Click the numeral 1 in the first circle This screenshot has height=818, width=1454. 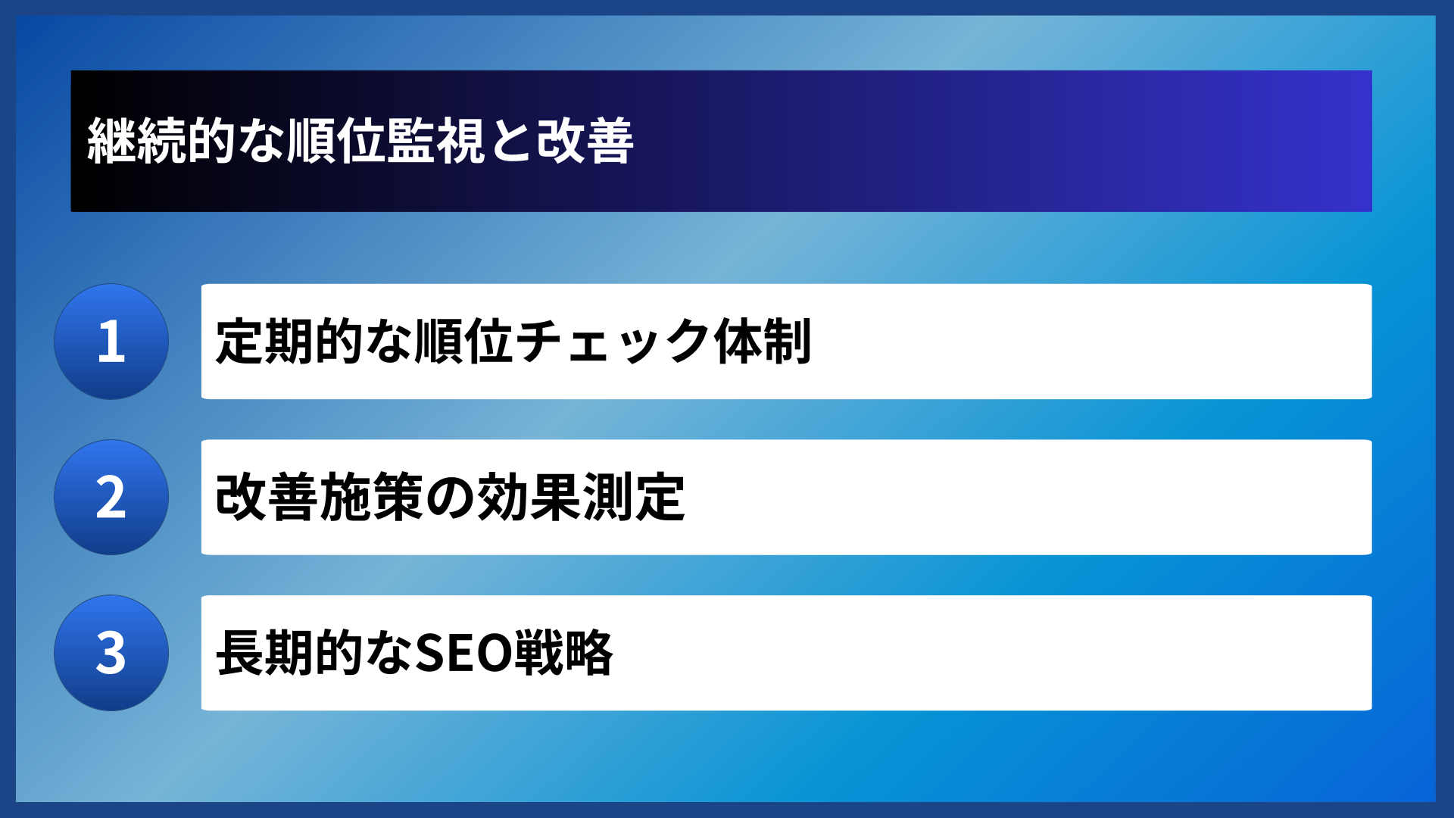pos(111,342)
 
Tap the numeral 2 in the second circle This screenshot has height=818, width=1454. pos(111,498)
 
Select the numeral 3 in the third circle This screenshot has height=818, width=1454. pos(111,653)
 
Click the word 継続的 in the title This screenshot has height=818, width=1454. pos(161,141)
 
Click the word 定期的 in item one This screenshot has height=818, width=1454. pos(289,342)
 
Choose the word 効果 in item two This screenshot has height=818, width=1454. pos(529,498)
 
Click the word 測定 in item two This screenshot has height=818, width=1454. pos(634,498)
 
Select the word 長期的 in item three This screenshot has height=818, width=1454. pos(289,653)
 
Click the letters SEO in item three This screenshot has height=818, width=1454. pos(463,653)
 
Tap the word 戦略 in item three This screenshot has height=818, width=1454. pos(563,653)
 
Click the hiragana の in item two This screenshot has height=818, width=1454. pos(450,498)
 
